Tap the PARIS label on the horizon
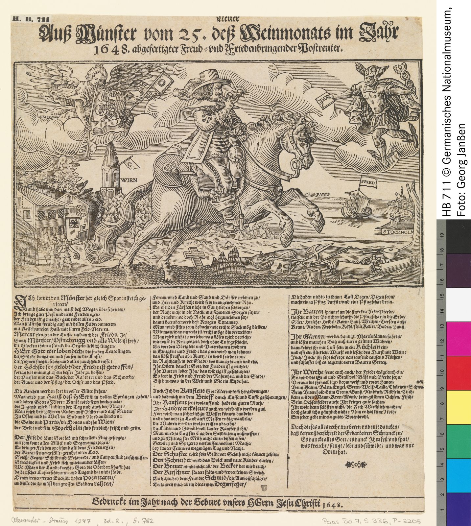(x=323, y=195)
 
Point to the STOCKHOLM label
(x=398, y=231)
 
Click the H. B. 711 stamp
(x=30, y=19)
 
